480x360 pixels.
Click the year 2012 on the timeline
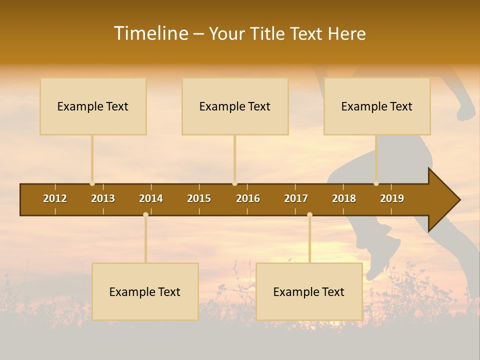[x=55, y=198]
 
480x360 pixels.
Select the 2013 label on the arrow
[x=103, y=198]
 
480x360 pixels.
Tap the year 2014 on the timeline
[x=151, y=198]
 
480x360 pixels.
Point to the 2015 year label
[x=199, y=198]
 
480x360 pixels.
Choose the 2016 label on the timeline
[x=248, y=198]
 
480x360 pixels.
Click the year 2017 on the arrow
[x=296, y=198]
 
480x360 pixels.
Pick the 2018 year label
[x=344, y=198]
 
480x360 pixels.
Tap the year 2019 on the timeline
[x=392, y=198]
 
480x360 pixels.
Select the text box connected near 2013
[x=93, y=106]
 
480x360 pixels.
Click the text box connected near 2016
[x=235, y=106]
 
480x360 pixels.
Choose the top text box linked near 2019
[x=377, y=106]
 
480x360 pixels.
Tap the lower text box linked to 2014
[x=145, y=291]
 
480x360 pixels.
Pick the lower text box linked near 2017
[x=309, y=291]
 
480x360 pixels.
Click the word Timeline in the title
[x=150, y=33]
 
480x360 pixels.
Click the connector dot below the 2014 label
[x=145, y=214]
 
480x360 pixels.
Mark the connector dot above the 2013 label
[x=92, y=183]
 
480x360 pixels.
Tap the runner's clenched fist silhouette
[x=466, y=110]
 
